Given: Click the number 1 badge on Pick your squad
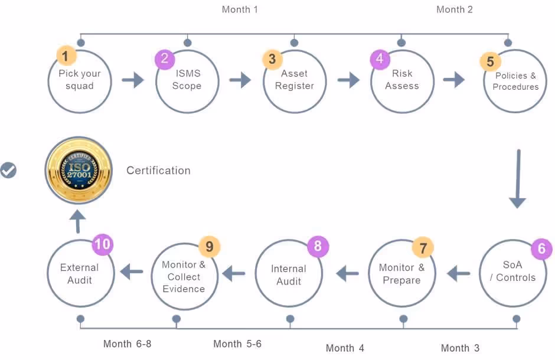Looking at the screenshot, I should [67, 57].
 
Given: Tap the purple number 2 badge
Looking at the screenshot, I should [165, 58].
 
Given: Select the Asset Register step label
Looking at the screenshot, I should [294, 80].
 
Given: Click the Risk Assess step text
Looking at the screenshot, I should [401, 80].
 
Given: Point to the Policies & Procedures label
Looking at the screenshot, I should [515, 81].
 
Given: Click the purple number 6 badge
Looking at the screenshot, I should [541, 248].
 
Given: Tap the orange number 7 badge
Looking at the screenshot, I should [423, 247].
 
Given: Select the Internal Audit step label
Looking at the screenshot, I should [289, 275].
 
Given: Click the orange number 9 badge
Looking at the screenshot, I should [209, 246].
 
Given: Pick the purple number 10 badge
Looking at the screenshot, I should [103, 244].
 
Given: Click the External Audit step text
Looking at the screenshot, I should [80, 274].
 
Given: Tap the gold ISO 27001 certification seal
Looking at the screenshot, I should [79, 171].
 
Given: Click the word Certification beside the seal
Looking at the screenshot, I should [158, 171].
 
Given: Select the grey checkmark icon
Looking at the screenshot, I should [8, 171].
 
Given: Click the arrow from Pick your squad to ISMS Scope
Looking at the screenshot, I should [133, 80].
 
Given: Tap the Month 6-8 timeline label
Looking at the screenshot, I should [127, 343].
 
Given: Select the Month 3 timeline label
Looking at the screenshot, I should [460, 348].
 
